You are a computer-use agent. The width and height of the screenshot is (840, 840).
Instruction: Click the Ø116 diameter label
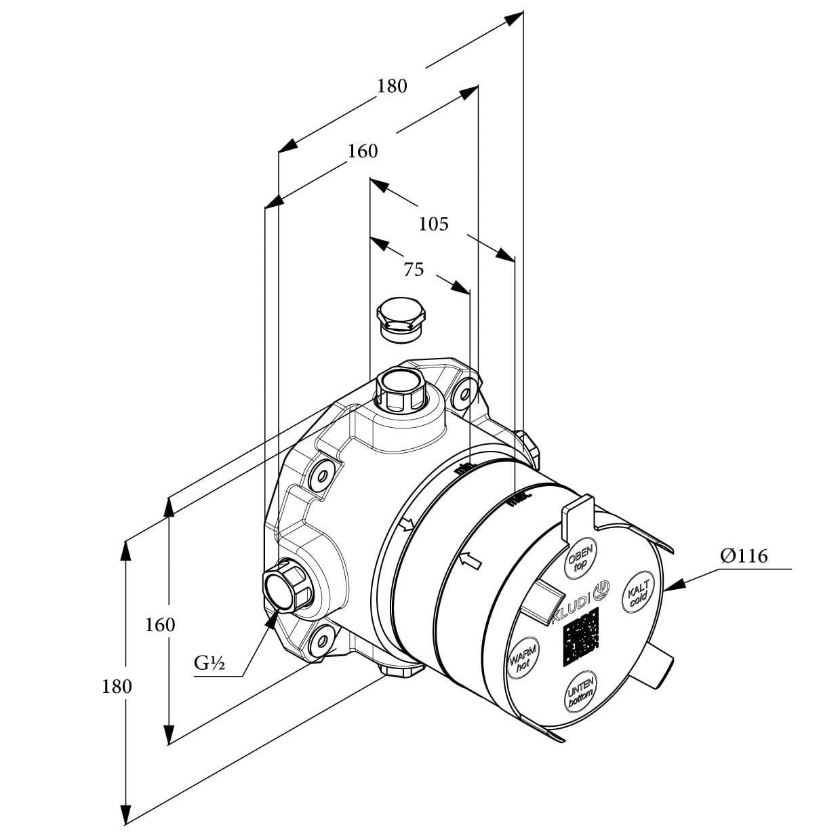(x=744, y=557)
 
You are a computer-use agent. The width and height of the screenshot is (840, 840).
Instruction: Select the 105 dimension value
(x=433, y=223)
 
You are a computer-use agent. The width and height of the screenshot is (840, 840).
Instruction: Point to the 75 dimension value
(x=414, y=270)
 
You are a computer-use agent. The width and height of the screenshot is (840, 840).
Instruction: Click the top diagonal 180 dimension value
(x=393, y=86)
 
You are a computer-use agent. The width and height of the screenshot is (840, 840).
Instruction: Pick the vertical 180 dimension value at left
(x=117, y=686)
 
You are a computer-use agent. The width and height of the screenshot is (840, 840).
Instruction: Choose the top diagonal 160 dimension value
(x=363, y=151)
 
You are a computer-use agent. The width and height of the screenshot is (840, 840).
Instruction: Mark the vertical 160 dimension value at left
(x=160, y=624)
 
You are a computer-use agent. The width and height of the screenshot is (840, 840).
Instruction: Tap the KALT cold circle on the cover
(x=639, y=593)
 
